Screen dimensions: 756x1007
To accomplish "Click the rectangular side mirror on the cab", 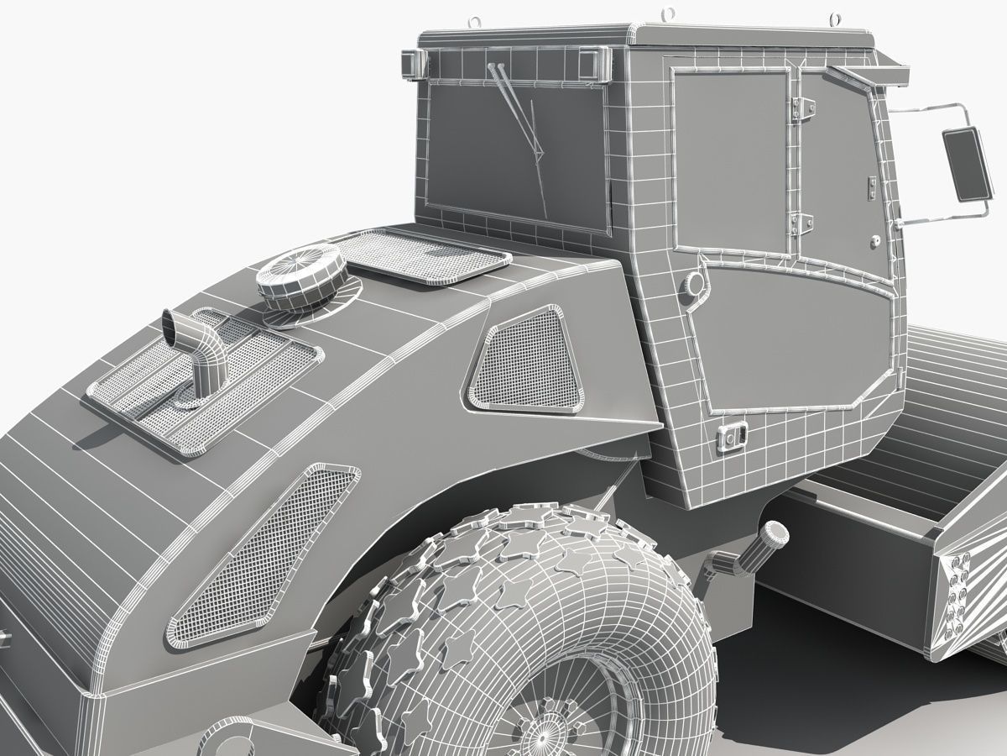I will pyautogui.click(x=966, y=165).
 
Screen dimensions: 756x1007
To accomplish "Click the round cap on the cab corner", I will pyautogui.click(x=694, y=284).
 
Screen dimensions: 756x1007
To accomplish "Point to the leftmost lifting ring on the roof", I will pyautogui.click(x=477, y=18).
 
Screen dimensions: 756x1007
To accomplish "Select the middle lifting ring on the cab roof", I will pyautogui.click(x=669, y=14).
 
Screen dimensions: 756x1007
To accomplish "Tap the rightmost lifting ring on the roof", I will pyautogui.click(x=836, y=17).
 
